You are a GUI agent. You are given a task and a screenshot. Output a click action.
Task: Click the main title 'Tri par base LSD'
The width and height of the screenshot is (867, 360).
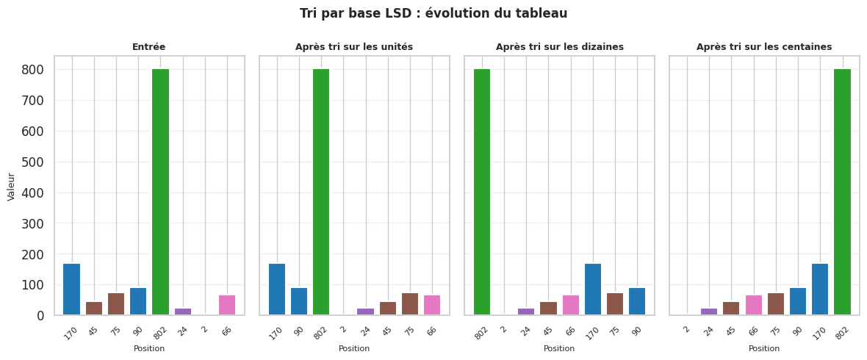tap(433, 14)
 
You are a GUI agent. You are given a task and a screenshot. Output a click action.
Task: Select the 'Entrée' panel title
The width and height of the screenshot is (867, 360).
tap(148, 47)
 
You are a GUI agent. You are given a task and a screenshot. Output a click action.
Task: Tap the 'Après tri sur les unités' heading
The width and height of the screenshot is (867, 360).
tap(354, 47)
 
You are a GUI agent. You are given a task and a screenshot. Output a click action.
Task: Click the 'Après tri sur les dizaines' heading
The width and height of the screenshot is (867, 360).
tap(559, 47)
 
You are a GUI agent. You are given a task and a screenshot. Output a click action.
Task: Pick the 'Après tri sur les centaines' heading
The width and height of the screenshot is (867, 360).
tap(764, 47)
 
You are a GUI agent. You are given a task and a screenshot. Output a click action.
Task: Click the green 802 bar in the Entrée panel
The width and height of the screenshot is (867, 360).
tap(160, 192)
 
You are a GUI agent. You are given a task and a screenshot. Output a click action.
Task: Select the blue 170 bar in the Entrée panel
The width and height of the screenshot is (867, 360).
tap(71, 289)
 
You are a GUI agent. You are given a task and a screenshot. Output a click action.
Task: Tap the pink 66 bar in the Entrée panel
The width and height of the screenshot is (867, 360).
tap(227, 306)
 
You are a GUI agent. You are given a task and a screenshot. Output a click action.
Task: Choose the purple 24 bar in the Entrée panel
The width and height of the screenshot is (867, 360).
tap(182, 312)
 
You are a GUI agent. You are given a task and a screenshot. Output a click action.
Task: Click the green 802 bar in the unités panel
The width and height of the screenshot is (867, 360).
tap(321, 192)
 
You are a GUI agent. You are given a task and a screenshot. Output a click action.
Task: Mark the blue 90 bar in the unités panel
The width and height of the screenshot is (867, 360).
tap(299, 302)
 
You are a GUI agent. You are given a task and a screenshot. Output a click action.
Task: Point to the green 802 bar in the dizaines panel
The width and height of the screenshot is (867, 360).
tap(482, 192)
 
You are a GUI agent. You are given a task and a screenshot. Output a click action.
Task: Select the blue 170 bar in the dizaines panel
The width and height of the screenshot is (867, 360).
tap(593, 289)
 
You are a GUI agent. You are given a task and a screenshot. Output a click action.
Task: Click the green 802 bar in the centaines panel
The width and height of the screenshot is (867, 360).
tap(842, 192)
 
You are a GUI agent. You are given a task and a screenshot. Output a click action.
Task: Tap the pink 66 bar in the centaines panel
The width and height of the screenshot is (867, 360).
tap(754, 306)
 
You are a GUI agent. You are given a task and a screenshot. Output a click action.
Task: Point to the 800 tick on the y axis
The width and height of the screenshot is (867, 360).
tap(37, 70)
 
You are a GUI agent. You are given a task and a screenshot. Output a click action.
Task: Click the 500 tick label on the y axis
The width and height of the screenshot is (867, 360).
tap(37, 162)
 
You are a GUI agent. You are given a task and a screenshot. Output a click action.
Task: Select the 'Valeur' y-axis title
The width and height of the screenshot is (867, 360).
tap(12, 187)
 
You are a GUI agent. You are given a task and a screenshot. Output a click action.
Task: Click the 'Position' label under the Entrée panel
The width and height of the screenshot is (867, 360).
tap(148, 348)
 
